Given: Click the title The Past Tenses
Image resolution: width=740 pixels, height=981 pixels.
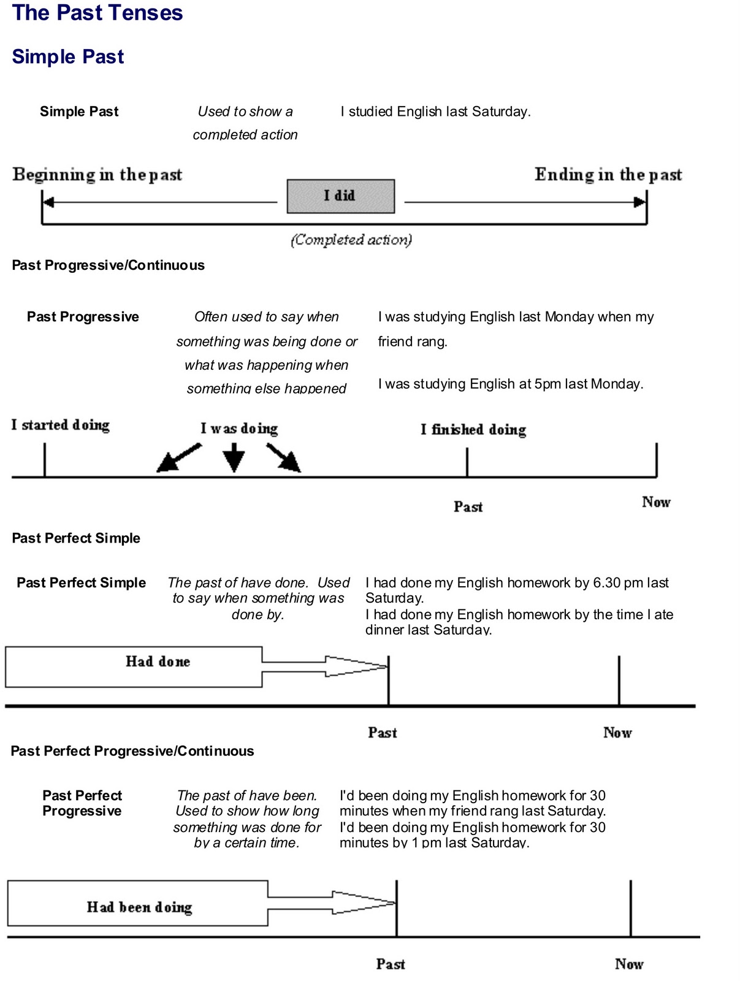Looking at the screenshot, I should [97, 13].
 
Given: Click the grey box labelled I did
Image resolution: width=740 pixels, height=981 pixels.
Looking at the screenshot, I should [340, 196].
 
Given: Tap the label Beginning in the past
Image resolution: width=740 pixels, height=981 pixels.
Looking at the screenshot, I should [97, 175].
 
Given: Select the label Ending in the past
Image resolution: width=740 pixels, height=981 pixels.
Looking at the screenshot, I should [608, 175].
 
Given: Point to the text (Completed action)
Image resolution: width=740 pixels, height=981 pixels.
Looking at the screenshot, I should [351, 240].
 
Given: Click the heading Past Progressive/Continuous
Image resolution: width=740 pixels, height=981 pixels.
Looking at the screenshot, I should [108, 265].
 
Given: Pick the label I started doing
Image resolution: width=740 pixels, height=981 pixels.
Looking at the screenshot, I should [60, 426].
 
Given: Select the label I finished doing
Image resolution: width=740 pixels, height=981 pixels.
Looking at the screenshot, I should [473, 430].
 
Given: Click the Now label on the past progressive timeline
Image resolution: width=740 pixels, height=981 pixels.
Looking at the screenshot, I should [655, 502].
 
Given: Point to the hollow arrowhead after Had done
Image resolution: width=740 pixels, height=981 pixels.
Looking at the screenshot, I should [356, 666].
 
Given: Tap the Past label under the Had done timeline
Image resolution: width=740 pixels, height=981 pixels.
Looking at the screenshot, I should [382, 733].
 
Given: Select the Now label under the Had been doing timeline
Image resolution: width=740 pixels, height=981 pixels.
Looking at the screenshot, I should [628, 964].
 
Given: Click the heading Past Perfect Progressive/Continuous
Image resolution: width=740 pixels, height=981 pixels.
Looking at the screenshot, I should [132, 751].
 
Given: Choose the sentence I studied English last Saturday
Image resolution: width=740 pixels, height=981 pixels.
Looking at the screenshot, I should [435, 112].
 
